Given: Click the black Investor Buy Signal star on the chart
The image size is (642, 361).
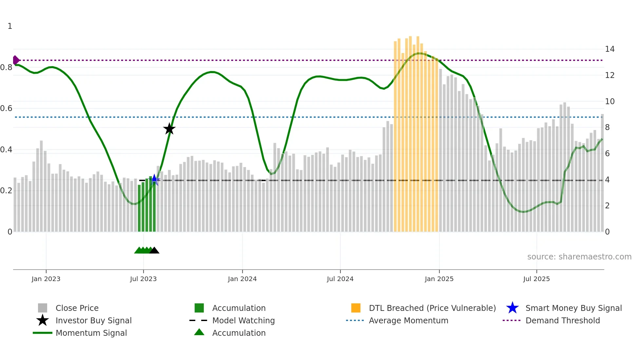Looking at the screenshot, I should point(169,129).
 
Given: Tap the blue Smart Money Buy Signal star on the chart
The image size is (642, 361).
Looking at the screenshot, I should point(154,180).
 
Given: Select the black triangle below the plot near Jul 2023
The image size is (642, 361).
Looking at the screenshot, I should point(154,251).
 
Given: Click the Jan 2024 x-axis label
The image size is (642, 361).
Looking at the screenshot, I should point(242,279).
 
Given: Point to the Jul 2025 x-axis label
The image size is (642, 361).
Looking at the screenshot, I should point(536,279).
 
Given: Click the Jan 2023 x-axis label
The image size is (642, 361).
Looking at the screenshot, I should point(46,279).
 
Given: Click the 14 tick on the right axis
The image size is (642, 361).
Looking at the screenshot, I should point(610,49).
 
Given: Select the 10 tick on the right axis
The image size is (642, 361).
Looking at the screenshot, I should point(610,102).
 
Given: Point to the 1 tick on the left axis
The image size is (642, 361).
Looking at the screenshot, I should point(10,26).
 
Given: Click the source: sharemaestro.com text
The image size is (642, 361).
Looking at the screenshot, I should point(579,257).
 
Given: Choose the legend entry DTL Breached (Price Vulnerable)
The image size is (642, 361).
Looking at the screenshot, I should point(432,308).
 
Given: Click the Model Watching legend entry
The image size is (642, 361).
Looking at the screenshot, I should point(243,321).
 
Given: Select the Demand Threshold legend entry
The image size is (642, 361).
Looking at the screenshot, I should point(562,321).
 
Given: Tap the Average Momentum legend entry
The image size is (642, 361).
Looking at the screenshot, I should point(408,321).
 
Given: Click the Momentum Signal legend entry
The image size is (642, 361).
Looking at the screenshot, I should point(91,333).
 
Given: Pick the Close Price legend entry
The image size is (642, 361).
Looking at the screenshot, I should point(77,308).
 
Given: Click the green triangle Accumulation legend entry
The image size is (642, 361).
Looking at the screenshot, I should point(238,333).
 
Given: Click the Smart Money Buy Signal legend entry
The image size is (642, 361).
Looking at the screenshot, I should point(573,308).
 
